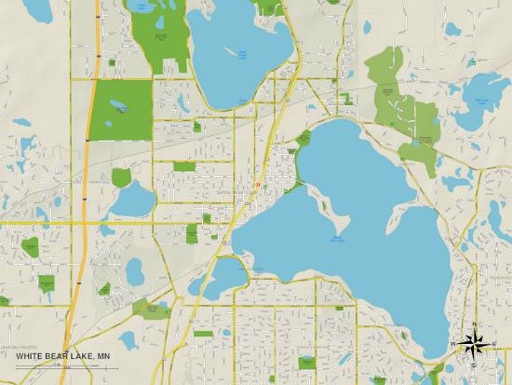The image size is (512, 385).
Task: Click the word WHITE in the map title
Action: pyautogui.click(x=28, y=355)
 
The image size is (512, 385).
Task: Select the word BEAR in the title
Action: pyautogui.click(x=56, y=355)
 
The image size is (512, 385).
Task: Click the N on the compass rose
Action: pyautogui.click(x=474, y=324)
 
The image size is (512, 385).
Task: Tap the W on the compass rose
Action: pyautogui.click(x=455, y=344)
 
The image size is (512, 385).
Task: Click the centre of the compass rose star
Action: pyautogui.click(x=474, y=344)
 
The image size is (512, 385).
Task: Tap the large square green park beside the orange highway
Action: pyautogui.click(x=122, y=110)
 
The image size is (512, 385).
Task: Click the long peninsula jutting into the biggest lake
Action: pyautogui.click(x=326, y=199)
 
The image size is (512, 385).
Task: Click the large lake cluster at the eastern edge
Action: pyautogui.click(x=481, y=93)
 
